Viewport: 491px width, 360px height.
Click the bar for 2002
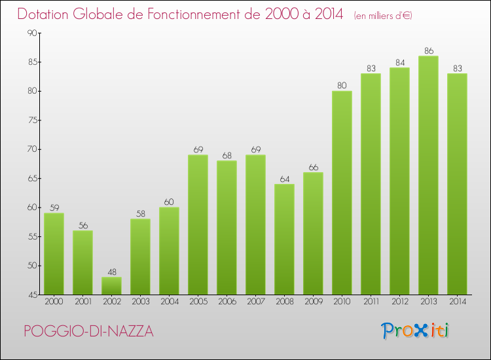(111, 285)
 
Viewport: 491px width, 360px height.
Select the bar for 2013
(428, 175)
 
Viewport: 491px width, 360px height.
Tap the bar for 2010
(342, 192)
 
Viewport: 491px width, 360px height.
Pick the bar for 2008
(284, 239)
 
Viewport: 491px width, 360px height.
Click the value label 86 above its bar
(428, 50)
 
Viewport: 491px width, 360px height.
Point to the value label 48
(111, 271)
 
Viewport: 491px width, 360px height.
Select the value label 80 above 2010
(342, 85)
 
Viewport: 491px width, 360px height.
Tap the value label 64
(284, 178)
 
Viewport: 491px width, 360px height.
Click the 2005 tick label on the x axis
(198, 302)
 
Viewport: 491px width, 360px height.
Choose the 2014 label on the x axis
(457, 302)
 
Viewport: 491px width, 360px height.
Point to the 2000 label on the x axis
(54, 302)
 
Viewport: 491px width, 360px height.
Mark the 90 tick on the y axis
(32, 33)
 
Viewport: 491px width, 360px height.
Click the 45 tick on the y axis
(32, 295)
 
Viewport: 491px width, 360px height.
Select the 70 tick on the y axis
(32, 149)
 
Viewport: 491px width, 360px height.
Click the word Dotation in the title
(45, 14)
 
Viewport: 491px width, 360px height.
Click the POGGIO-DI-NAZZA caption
(88, 332)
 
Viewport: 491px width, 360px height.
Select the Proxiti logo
(414, 331)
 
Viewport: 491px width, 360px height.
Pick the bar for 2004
(169, 251)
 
